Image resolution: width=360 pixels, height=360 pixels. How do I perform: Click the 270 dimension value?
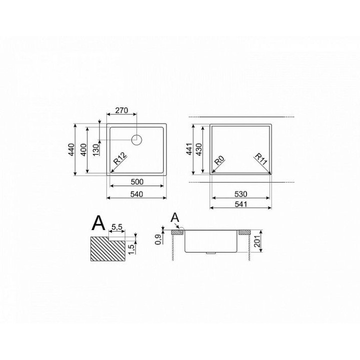tap(121, 110)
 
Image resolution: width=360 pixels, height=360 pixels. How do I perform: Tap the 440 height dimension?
tap(72, 149)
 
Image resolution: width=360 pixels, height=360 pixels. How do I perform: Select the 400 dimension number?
tap(84, 149)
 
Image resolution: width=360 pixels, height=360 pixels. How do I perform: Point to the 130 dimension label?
tap(96, 149)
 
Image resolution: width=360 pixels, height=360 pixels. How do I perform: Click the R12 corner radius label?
tap(120, 158)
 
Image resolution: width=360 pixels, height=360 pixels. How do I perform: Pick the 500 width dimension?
tap(137, 182)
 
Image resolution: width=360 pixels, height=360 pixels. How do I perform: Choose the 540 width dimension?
tap(136, 194)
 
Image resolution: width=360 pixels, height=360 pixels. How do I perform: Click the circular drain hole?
tap(136, 139)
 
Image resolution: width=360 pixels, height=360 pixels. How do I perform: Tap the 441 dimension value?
tap(189, 149)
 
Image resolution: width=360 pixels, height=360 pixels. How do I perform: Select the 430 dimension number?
tap(199, 149)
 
